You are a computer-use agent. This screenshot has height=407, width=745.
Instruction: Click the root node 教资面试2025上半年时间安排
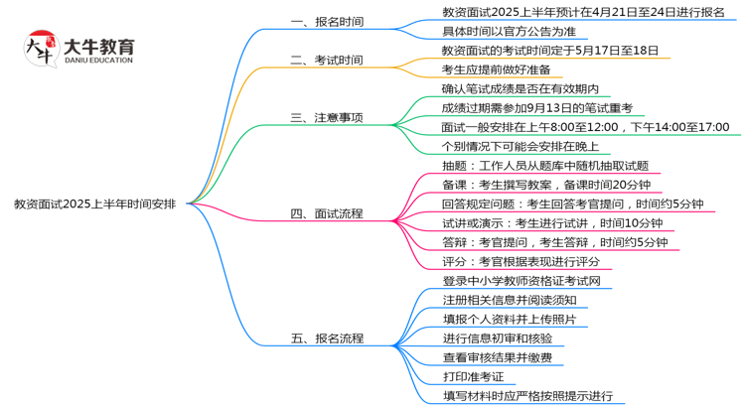[x=95, y=204]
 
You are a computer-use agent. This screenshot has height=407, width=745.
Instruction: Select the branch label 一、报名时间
[x=327, y=21]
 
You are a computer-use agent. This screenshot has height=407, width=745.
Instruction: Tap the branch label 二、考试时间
[x=327, y=60]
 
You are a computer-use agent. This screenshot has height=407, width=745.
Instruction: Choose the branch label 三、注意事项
[x=327, y=117]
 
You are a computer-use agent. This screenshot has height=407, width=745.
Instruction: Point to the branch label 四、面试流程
[x=327, y=213]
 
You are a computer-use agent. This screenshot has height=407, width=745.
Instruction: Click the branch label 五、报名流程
[x=327, y=339]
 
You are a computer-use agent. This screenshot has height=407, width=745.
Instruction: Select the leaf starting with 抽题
[x=544, y=166]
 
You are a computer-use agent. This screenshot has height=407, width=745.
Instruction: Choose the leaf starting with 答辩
[x=554, y=242]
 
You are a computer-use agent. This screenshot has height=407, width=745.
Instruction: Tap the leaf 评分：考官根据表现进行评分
[x=521, y=261]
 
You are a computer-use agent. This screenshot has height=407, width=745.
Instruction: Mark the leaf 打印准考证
[x=473, y=376]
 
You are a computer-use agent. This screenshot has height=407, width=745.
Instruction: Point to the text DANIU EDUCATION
[x=97, y=61]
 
